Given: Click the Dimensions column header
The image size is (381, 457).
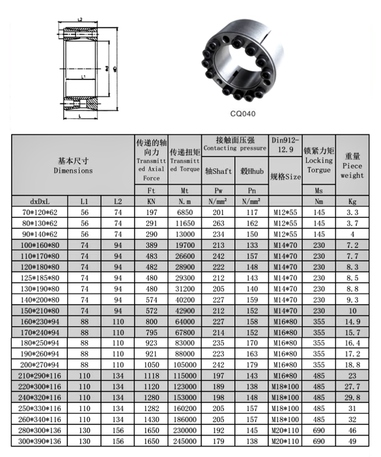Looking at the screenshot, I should pos(73,166).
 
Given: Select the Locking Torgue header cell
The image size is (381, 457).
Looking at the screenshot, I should pos(319,160).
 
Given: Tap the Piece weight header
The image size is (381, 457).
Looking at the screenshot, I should pos(352,166).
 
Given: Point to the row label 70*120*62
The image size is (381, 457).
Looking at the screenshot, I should pos(40,212).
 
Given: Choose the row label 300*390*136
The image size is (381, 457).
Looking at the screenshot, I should pos(40,441).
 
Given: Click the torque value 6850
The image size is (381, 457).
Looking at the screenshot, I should pos(184,212).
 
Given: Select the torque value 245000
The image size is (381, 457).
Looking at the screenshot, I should pos(184,441).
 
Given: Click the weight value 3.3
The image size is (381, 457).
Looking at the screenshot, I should pos(352,212).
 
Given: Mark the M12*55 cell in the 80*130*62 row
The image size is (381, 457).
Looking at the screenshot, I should pos(286,224).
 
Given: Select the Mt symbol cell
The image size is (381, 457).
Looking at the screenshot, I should pos(184,190).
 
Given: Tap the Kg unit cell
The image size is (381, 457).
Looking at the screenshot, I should pos(352,200).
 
